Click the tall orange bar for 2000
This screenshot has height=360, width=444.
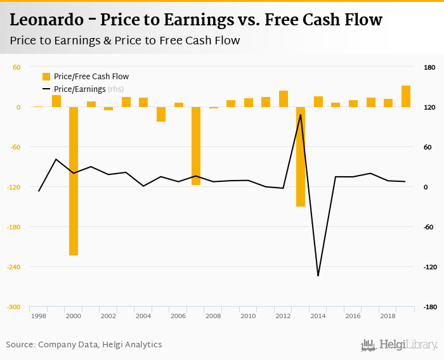click(74, 181)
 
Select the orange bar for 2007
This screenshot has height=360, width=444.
click(196, 146)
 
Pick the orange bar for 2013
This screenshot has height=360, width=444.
click(301, 157)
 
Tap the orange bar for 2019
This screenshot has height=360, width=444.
click(406, 96)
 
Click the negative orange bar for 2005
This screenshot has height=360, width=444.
click(161, 114)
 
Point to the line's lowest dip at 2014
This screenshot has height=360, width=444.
click(318, 276)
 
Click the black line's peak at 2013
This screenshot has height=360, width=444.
click(301, 115)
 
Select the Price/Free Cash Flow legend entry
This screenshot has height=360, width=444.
click(85, 77)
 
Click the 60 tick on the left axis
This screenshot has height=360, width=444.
click(16, 67)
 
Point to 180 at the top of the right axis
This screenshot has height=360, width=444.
click(429, 67)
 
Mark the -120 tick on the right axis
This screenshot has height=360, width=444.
click(429, 267)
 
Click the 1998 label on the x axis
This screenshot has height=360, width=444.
click(39, 316)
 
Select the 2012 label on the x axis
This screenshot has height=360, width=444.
click(283, 316)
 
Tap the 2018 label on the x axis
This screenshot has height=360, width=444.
click(388, 316)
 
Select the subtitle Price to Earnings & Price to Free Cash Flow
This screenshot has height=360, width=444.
click(125, 41)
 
